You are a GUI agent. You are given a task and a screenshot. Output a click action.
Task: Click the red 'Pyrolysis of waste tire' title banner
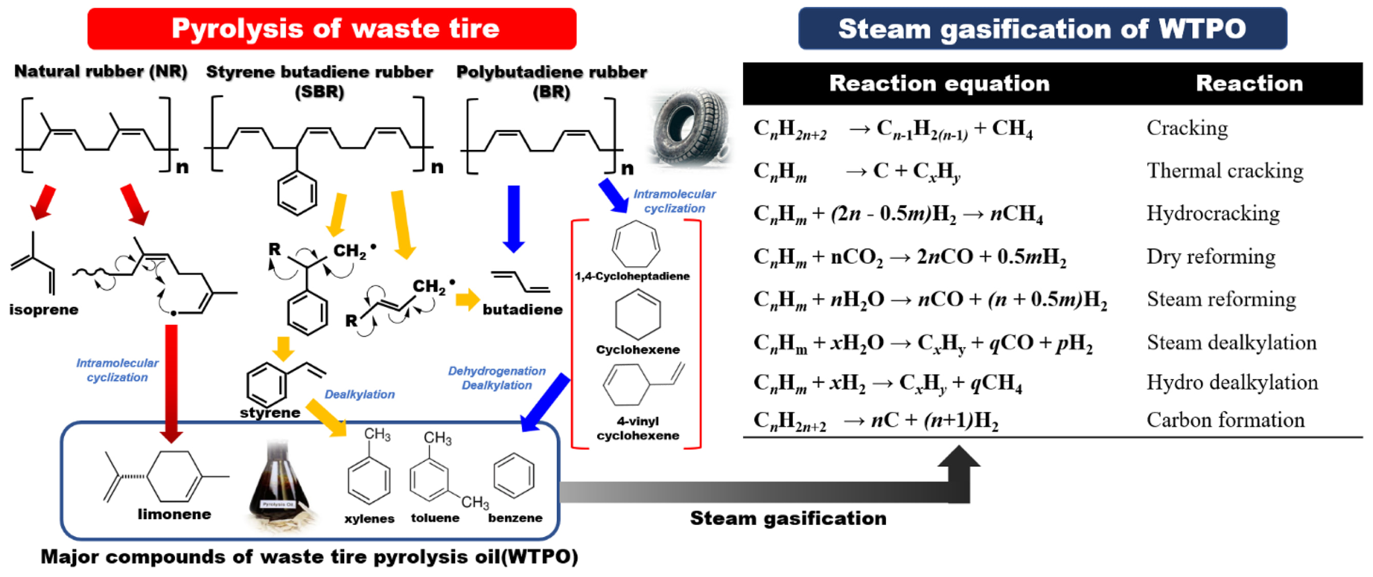pos(331,28)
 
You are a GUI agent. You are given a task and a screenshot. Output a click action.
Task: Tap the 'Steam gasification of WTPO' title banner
pos(1043,28)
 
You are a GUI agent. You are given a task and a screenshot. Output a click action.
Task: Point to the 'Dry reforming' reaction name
pos(1211,257)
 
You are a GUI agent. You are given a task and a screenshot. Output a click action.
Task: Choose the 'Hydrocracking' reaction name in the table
pos(1213,214)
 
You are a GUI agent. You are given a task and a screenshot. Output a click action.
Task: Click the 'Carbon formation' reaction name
pos(1225,420)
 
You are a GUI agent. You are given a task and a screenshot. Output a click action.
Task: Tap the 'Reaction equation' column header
pos(939,83)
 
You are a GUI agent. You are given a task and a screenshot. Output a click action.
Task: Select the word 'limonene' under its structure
pos(174,514)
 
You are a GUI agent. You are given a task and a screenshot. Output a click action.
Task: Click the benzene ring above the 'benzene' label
pos(514,476)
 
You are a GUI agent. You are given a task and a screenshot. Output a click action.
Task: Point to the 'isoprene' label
pos(44,310)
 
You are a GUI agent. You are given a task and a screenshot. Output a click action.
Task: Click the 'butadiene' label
pos(522,310)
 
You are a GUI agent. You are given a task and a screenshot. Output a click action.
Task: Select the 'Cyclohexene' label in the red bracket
pos(638,349)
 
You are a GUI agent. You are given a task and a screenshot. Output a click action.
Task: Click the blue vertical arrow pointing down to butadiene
pos(514,219)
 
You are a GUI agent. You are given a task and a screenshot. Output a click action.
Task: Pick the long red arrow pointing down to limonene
pos(171,384)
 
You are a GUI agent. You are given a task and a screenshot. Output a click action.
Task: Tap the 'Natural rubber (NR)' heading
pos(101,71)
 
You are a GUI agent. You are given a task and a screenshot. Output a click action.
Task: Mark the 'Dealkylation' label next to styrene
pos(360,394)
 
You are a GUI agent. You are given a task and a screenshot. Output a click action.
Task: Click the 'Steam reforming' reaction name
pos(1222,300)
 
